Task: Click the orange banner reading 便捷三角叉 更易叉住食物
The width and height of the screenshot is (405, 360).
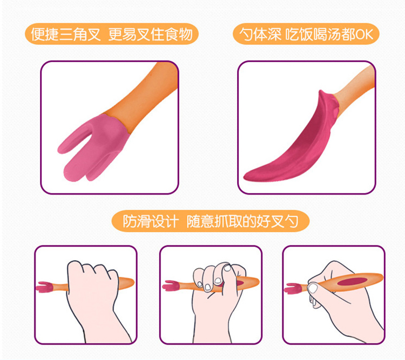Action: (x=112, y=34)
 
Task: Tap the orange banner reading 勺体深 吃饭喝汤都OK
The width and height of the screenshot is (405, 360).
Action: (x=306, y=34)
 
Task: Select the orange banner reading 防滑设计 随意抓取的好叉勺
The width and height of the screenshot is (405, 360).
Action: (x=211, y=221)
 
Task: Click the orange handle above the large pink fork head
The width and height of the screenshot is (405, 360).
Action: (x=145, y=96)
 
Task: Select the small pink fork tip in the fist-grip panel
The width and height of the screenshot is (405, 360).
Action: (x=44, y=287)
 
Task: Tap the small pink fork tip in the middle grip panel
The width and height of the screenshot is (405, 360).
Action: (x=171, y=285)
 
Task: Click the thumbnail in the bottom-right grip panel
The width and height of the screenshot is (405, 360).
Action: (x=313, y=288)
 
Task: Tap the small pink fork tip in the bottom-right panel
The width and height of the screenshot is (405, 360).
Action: (x=293, y=289)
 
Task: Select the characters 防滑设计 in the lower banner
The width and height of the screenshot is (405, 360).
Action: (x=151, y=222)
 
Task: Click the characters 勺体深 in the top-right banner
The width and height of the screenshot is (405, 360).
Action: (x=260, y=34)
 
